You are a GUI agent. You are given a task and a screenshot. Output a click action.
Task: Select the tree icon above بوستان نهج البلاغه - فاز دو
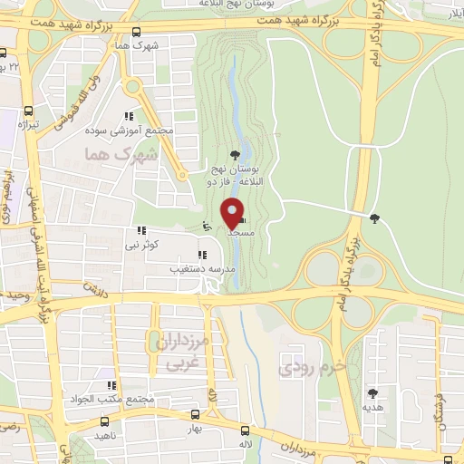237,154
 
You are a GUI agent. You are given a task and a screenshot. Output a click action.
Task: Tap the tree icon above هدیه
370,392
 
